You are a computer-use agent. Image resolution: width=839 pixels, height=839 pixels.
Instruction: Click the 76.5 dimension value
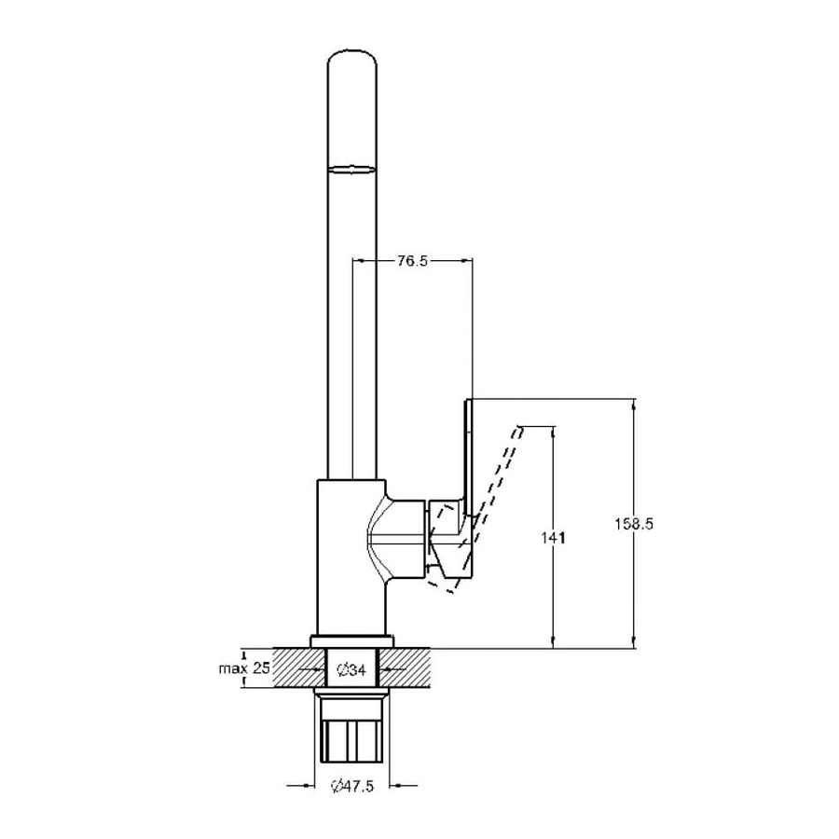pyautogui.click(x=413, y=261)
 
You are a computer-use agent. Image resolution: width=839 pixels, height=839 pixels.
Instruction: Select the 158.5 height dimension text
pyautogui.click(x=634, y=524)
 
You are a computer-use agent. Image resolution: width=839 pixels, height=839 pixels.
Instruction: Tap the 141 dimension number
pyautogui.click(x=553, y=538)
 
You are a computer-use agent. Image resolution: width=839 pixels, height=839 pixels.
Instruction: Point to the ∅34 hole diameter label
pyautogui.click(x=351, y=668)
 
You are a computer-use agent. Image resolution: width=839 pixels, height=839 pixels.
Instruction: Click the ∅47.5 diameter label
pyautogui.click(x=352, y=786)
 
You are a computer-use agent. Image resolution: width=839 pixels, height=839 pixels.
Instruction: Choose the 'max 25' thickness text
pyautogui.click(x=244, y=667)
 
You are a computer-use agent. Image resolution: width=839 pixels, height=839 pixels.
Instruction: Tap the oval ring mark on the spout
pyautogui.click(x=351, y=170)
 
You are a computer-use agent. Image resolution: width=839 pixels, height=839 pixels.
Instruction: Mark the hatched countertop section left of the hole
pyautogui.click(x=299, y=667)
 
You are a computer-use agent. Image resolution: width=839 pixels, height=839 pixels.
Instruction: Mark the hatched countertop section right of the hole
pyautogui.click(x=406, y=667)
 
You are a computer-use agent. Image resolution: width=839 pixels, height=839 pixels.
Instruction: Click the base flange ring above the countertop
pyautogui.click(x=351, y=640)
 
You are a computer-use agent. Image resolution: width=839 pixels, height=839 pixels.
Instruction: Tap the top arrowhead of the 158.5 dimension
pyautogui.click(x=635, y=405)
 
